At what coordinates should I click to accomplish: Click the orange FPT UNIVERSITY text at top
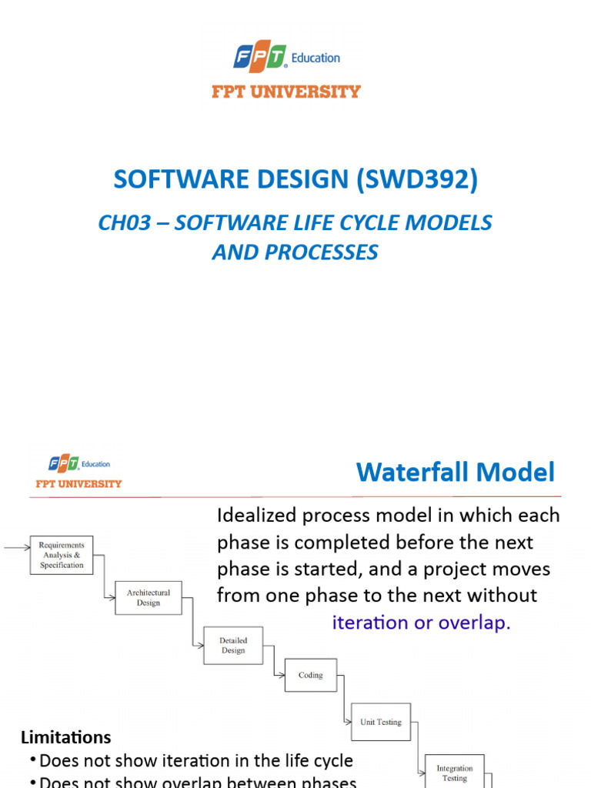286,92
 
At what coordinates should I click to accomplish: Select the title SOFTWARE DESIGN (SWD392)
295,179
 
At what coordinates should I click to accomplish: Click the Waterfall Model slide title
455,472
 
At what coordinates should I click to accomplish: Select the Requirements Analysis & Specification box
62,555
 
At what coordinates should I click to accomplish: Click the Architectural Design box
149,597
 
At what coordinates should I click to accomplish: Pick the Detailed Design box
233,645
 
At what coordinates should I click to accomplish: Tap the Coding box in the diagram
311,675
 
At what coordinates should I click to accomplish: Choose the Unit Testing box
381,722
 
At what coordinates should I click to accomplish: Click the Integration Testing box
455,772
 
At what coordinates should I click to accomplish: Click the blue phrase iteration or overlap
421,623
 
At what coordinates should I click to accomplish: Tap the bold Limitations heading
65,736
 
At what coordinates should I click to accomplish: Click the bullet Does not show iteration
195,761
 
